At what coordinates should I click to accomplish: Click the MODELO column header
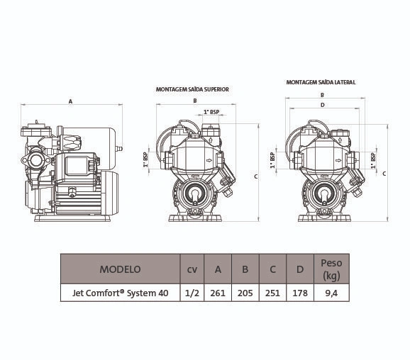pos(120,269)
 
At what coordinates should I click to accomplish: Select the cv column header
pos(192,269)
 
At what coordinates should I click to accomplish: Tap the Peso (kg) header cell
pos(331,269)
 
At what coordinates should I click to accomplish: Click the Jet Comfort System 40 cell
pos(121,293)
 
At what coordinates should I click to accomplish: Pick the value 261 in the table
pos(218,293)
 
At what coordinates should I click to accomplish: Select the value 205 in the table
pos(245,293)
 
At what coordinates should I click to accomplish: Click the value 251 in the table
pos(272,293)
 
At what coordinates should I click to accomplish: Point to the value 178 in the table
pos(300,293)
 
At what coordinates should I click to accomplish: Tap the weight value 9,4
pos(331,293)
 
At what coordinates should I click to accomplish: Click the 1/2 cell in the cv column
pos(192,293)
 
